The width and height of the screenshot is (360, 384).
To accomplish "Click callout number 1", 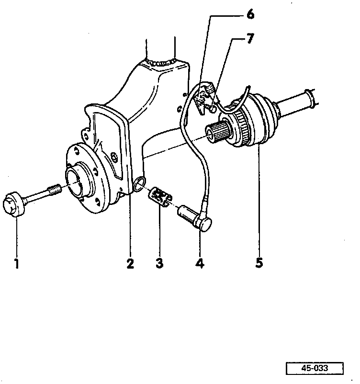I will [16, 263].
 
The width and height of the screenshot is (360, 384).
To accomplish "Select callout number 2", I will [130, 263].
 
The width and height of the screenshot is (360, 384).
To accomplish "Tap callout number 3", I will [159, 263].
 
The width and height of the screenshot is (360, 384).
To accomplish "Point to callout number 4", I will [200, 263].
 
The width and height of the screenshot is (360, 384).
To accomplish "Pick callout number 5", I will [259, 263].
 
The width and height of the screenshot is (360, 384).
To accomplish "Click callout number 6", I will [250, 14].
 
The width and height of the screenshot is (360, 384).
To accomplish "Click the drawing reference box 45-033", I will [315, 368].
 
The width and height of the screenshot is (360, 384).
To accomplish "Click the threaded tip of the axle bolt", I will [54, 190].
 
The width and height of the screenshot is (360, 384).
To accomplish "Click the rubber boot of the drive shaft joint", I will [260, 119].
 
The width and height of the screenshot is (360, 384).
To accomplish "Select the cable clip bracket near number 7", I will [203, 98].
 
